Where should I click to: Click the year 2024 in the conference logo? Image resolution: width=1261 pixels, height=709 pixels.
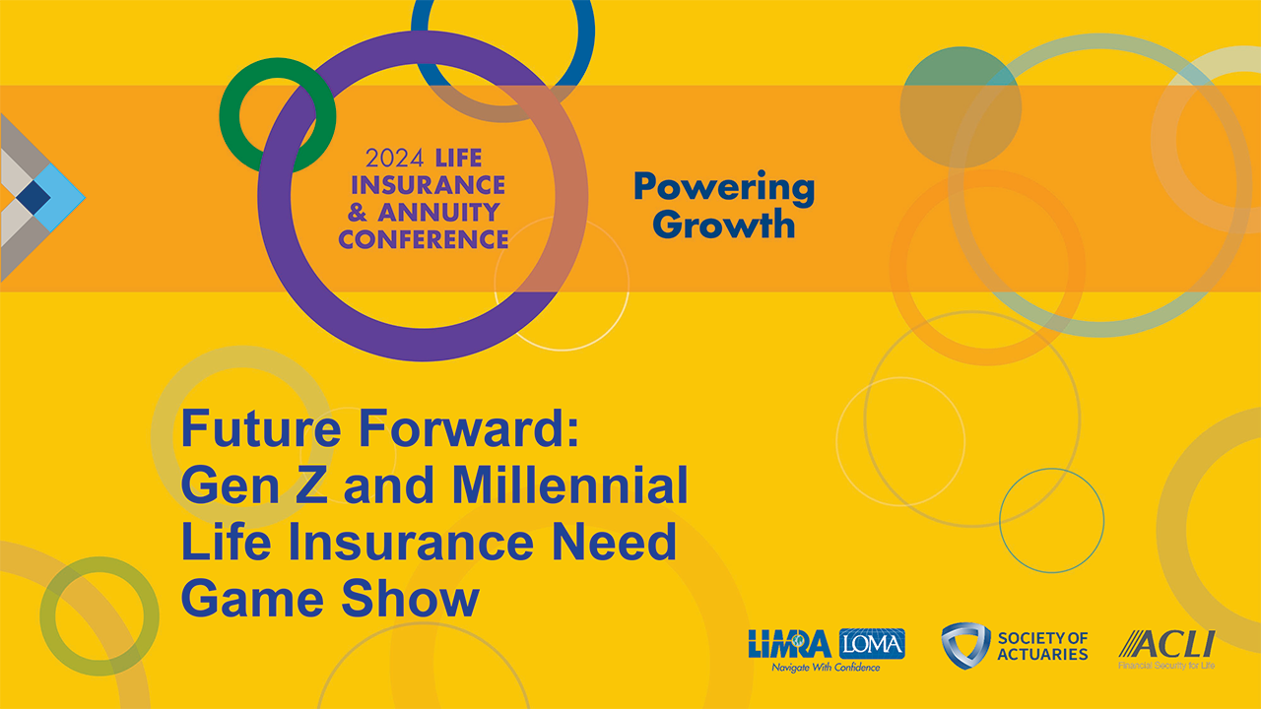394,159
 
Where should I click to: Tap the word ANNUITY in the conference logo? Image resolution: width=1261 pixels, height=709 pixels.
438,212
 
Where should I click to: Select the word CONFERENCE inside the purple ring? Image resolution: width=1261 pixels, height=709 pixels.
424,239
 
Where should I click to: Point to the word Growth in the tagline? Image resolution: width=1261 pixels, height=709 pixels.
724,224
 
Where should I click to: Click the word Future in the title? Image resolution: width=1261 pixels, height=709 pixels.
261,428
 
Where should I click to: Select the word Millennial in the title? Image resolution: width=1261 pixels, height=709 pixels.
569,484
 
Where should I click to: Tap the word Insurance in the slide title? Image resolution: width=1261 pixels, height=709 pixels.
411,542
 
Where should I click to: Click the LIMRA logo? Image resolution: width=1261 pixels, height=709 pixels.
790,644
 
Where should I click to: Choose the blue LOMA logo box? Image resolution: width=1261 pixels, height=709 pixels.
872,644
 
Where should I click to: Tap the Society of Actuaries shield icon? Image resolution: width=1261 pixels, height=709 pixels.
964,645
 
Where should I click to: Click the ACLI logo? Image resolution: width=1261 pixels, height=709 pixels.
1167,644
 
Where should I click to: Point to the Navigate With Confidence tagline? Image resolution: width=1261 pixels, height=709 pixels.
826,668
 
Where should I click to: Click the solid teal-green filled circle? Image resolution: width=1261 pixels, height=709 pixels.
961,107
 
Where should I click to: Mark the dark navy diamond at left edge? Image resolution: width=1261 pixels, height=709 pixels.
33,198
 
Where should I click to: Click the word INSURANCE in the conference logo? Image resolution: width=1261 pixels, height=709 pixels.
428,185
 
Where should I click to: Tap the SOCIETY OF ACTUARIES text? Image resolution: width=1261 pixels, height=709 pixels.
1042,646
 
